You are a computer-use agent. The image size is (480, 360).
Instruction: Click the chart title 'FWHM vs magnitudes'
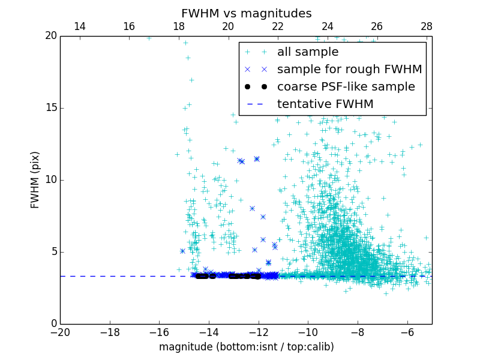246,13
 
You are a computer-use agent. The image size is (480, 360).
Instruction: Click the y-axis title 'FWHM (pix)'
35,179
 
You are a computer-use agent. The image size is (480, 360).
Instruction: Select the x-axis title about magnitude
246,347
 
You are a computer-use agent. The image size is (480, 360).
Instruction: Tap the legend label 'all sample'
307,52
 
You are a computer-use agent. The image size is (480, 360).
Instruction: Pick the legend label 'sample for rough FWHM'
349,70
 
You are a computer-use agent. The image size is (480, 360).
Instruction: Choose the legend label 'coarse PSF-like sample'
346,87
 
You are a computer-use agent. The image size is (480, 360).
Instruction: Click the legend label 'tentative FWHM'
325,104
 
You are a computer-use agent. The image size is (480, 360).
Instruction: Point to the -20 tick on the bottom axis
60,332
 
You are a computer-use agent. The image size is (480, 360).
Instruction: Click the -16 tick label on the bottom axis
159,332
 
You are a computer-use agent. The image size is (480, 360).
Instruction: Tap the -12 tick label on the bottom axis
258,332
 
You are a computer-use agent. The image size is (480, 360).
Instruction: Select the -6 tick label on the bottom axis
407,332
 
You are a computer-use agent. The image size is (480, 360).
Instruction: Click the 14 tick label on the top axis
79,26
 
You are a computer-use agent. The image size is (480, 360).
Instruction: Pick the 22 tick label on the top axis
277,26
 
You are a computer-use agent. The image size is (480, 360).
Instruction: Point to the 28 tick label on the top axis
426,26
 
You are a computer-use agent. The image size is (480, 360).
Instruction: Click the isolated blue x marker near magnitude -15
182,251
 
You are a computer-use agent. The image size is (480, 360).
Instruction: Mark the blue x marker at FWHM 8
252,208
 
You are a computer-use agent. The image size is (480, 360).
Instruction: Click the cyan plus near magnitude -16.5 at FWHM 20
149,37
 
